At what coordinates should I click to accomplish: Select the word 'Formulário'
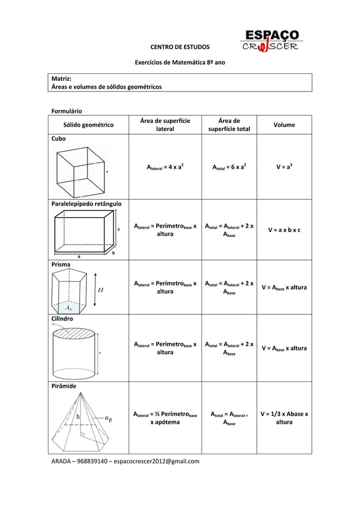pos(67,111)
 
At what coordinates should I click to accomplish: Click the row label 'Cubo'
pos(59,138)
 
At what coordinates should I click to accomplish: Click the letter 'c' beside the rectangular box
pos(118,230)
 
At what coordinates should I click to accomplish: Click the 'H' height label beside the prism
pos(100,291)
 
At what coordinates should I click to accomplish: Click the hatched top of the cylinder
pos(73,335)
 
